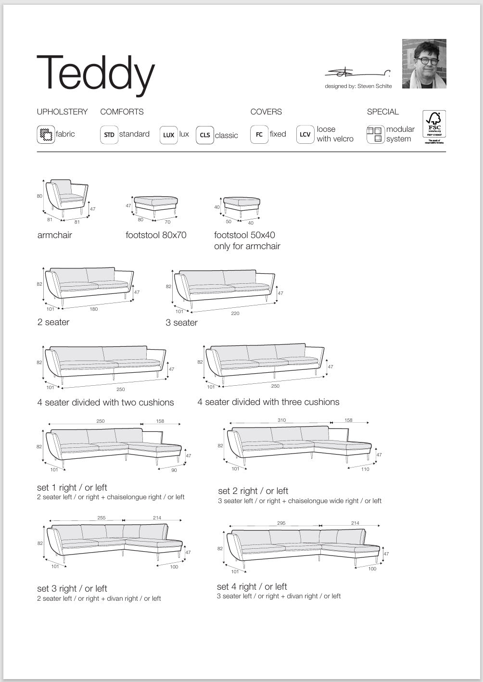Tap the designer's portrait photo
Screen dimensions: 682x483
click(424, 64)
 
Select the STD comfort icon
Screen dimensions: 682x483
click(109, 135)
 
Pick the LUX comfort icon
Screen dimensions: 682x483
click(168, 135)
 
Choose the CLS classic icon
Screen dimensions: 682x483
click(205, 135)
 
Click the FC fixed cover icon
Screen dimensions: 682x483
click(259, 134)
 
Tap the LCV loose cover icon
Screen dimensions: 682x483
click(305, 134)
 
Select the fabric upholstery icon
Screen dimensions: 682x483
click(46, 134)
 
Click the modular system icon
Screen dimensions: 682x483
click(375, 134)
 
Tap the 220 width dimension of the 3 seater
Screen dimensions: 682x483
click(235, 314)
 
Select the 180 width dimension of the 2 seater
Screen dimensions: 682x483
click(94, 309)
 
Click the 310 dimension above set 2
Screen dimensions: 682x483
click(281, 420)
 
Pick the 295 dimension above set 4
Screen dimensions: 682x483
click(281, 523)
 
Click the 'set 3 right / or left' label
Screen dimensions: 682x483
click(72, 589)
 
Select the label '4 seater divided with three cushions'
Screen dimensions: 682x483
click(268, 402)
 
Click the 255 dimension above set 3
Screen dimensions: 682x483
click(102, 518)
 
